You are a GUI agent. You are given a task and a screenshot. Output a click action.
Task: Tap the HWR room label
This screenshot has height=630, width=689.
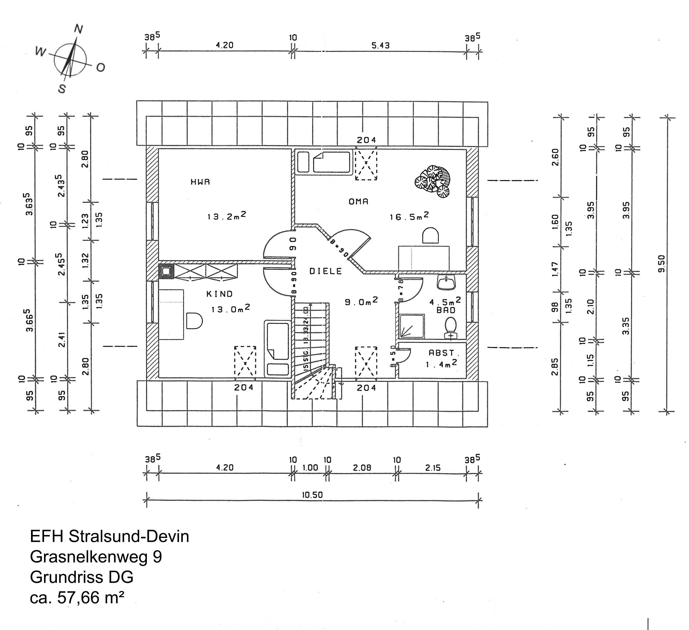coord(200,182)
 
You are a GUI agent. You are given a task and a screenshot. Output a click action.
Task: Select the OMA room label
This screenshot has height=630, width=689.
coord(359,202)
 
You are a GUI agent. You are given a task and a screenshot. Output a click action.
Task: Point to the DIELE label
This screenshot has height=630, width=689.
coord(326,271)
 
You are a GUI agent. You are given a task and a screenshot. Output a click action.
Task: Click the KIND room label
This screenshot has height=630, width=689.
coord(219,294)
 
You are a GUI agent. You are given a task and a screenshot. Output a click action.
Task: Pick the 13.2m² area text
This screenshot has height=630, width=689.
coord(227,216)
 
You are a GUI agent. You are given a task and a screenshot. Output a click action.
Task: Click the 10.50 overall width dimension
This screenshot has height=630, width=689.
coord(312,495)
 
